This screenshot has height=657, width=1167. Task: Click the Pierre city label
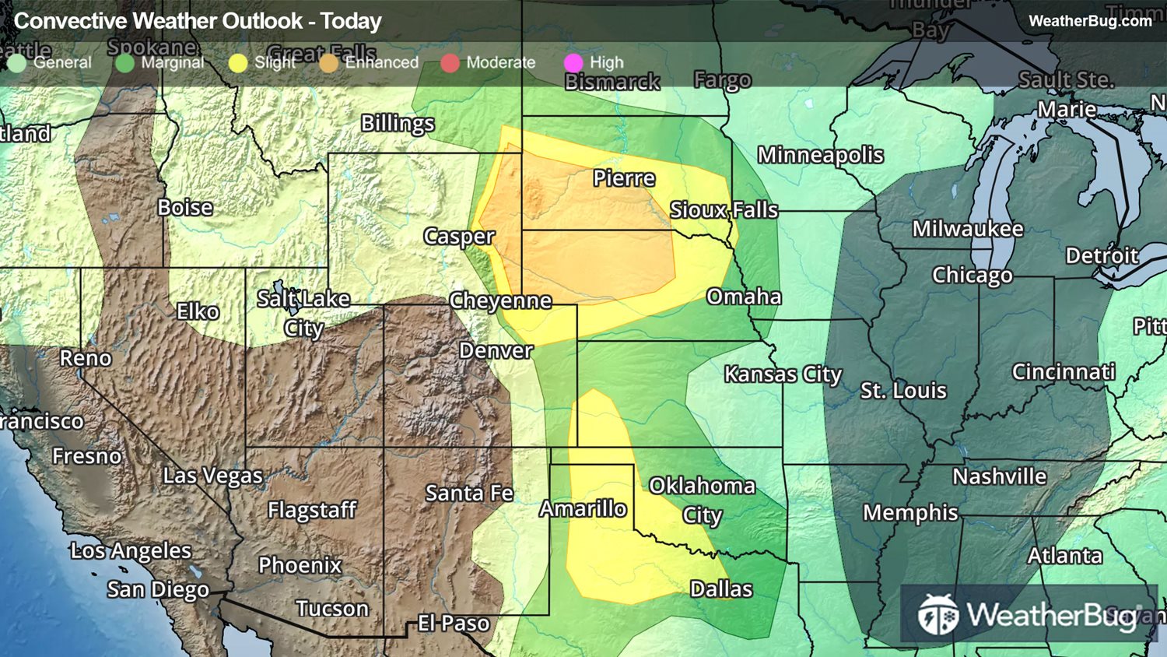(x=624, y=178)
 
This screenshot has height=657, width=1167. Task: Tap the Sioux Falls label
(x=724, y=210)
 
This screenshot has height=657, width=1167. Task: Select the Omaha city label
(x=744, y=297)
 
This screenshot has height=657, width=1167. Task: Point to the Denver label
(x=496, y=351)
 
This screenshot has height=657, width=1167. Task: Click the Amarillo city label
(x=583, y=509)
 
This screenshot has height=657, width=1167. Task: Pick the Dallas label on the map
(x=721, y=589)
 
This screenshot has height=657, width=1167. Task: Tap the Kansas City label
(x=783, y=374)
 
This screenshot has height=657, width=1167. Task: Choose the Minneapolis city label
(x=820, y=156)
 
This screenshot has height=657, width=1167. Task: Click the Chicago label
(x=972, y=276)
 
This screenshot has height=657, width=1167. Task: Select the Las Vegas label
(x=212, y=476)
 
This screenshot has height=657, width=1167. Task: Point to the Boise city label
(x=185, y=208)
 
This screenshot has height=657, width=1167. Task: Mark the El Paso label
(x=454, y=624)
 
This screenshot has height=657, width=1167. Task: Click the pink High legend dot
(x=573, y=63)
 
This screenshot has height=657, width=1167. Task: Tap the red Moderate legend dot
(x=450, y=63)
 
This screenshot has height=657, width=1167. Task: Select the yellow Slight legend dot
(x=238, y=63)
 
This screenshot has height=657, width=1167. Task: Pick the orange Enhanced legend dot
(x=329, y=63)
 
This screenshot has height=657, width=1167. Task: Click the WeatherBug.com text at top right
(x=1090, y=21)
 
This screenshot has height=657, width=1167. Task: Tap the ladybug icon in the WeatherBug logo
(x=937, y=614)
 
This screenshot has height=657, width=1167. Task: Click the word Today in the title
(x=351, y=21)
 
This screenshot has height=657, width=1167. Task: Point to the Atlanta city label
(x=1064, y=556)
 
